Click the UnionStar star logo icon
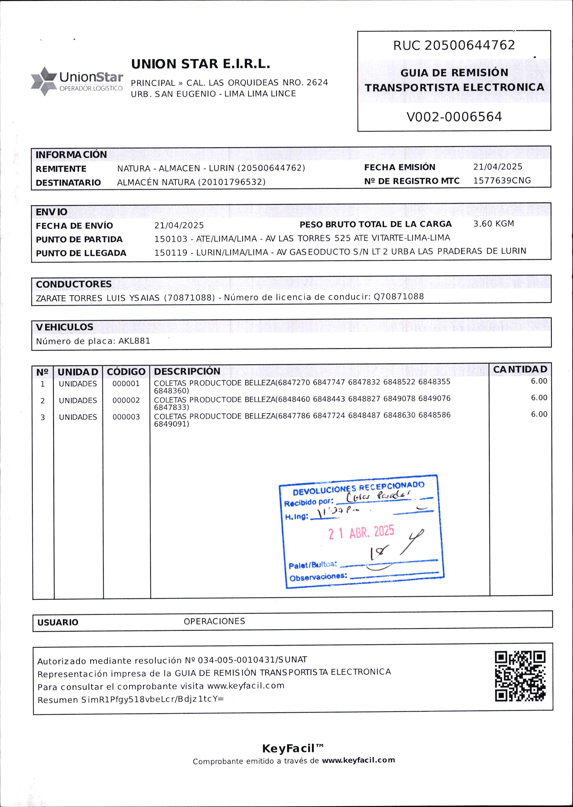(x=44, y=81)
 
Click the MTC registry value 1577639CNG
(x=502, y=181)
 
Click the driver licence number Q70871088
(x=399, y=296)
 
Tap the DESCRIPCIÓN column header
(x=187, y=371)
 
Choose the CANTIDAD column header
(x=520, y=370)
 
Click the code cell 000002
(x=126, y=400)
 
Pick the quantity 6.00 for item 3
(x=539, y=414)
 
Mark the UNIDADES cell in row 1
(x=78, y=384)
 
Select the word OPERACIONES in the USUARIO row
(x=214, y=621)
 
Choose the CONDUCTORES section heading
(x=74, y=284)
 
